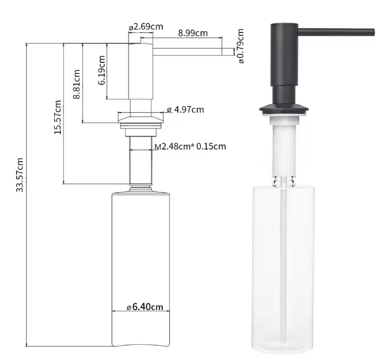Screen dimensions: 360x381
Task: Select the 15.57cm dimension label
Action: point(58,117)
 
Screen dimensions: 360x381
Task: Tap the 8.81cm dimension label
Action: point(77,84)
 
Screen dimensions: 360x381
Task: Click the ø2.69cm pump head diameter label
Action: point(146,27)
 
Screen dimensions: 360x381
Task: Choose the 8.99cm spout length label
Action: point(193,33)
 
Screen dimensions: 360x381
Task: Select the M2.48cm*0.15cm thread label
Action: point(190,146)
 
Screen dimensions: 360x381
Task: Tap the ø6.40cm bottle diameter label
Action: point(145,306)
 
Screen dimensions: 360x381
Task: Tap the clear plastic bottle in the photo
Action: point(283,263)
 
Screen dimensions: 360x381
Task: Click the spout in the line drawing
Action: point(187,52)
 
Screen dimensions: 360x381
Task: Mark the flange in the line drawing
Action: point(141,118)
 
